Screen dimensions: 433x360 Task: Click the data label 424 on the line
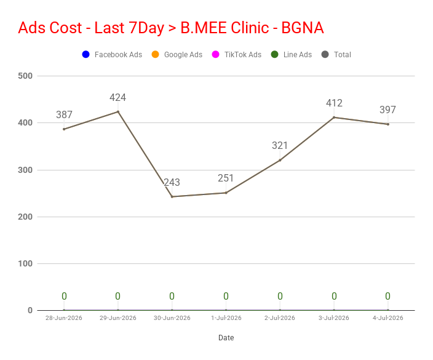pyautogui.click(x=117, y=97)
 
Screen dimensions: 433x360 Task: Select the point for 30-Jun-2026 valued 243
pyautogui.click(x=172, y=197)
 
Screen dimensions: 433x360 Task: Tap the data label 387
pyautogui.click(x=64, y=114)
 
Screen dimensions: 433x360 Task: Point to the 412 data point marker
pyautogui.click(x=334, y=118)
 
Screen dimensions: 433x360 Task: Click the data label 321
pyautogui.click(x=280, y=146)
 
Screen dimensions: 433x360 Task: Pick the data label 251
pyautogui.click(x=226, y=178)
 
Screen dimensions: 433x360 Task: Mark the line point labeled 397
pyautogui.click(x=388, y=124)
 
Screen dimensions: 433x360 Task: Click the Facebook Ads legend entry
pyautogui.click(x=112, y=54)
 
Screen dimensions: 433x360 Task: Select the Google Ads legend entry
pyautogui.click(x=177, y=54)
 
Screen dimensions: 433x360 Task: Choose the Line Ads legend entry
pyautogui.click(x=292, y=54)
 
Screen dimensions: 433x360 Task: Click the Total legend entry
pyautogui.click(x=336, y=54)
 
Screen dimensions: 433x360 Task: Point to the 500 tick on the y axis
pyautogui.click(x=25, y=76)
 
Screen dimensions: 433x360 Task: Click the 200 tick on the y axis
pyautogui.click(x=25, y=217)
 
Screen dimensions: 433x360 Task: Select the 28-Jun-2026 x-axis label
pyautogui.click(x=64, y=318)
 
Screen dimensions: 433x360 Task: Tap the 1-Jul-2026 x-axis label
pyautogui.click(x=226, y=318)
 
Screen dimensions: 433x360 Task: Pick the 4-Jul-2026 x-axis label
pyautogui.click(x=388, y=318)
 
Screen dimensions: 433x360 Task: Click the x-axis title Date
pyautogui.click(x=226, y=338)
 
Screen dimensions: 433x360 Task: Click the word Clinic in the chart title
pyautogui.click(x=250, y=28)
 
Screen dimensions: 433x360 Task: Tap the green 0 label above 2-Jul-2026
pyautogui.click(x=280, y=296)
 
